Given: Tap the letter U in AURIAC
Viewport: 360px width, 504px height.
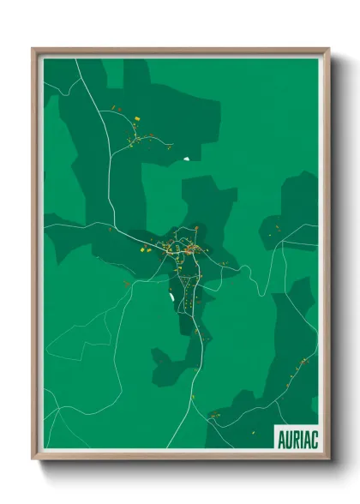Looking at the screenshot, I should click(x=287, y=438).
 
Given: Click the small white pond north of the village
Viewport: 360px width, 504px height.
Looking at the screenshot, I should click(x=185, y=158).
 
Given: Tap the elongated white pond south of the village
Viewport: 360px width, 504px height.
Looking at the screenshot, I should click(x=171, y=297).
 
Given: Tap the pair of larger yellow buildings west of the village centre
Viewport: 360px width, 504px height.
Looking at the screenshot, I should click(x=146, y=249).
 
